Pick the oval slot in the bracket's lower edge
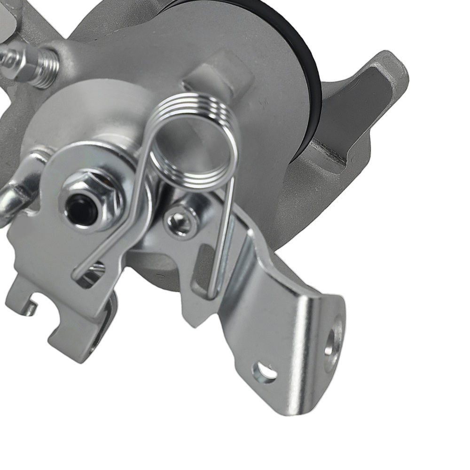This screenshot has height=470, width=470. tap(264, 371)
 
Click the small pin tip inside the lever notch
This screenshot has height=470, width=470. tap(31, 308)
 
